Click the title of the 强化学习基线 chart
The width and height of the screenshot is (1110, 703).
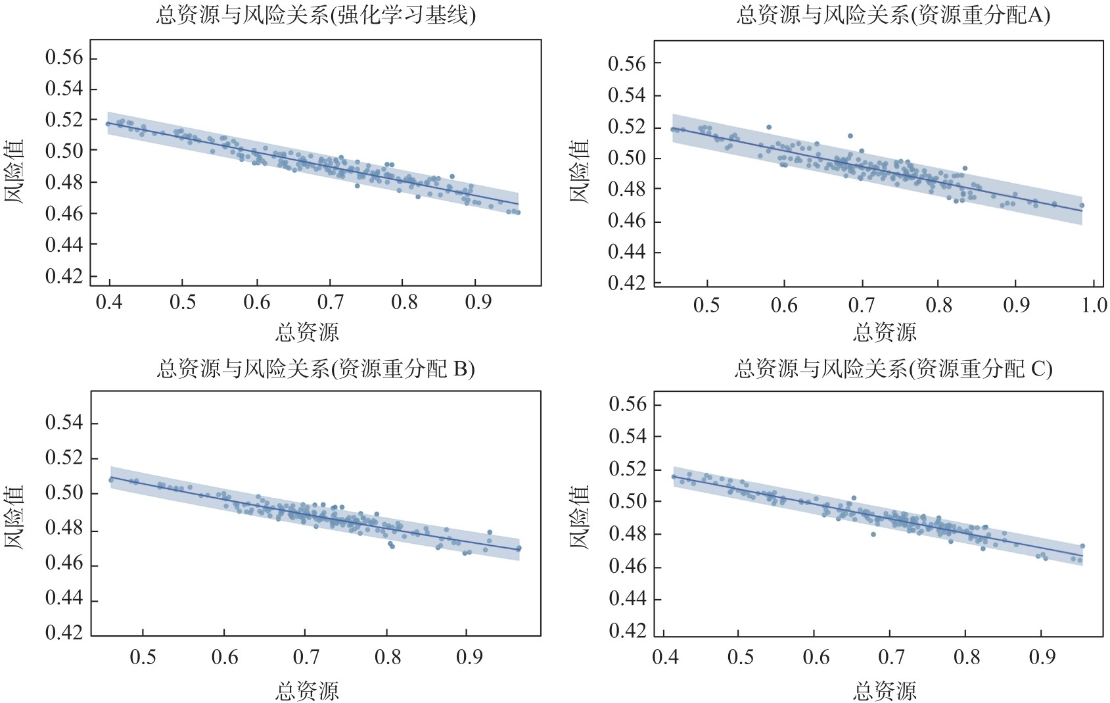pos(315,14)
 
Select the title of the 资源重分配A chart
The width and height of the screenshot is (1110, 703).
pos(892,14)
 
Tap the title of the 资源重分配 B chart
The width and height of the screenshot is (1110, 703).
pos(315,368)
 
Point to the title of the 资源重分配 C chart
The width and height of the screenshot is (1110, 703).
pos(892,368)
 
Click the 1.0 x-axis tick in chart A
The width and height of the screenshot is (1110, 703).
pos(1094,305)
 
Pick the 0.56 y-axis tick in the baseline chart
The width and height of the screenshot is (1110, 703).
pos(64,58)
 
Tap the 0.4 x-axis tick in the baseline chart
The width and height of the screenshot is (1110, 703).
pos(108,302)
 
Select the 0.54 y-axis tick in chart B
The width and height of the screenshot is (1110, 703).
pos(64,423)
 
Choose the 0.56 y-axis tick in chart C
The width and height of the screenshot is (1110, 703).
pos(628,404)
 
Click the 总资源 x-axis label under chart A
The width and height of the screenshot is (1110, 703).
pos(885,332)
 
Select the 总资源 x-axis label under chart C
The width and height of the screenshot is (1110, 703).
pos(885,691)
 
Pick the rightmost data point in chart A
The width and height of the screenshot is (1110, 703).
pos(1082,205)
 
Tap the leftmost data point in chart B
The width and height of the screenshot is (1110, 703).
pos(111,480)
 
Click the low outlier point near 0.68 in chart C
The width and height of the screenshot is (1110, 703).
pos(873,534)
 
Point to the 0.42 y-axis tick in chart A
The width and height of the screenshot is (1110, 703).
pos(626,283)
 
